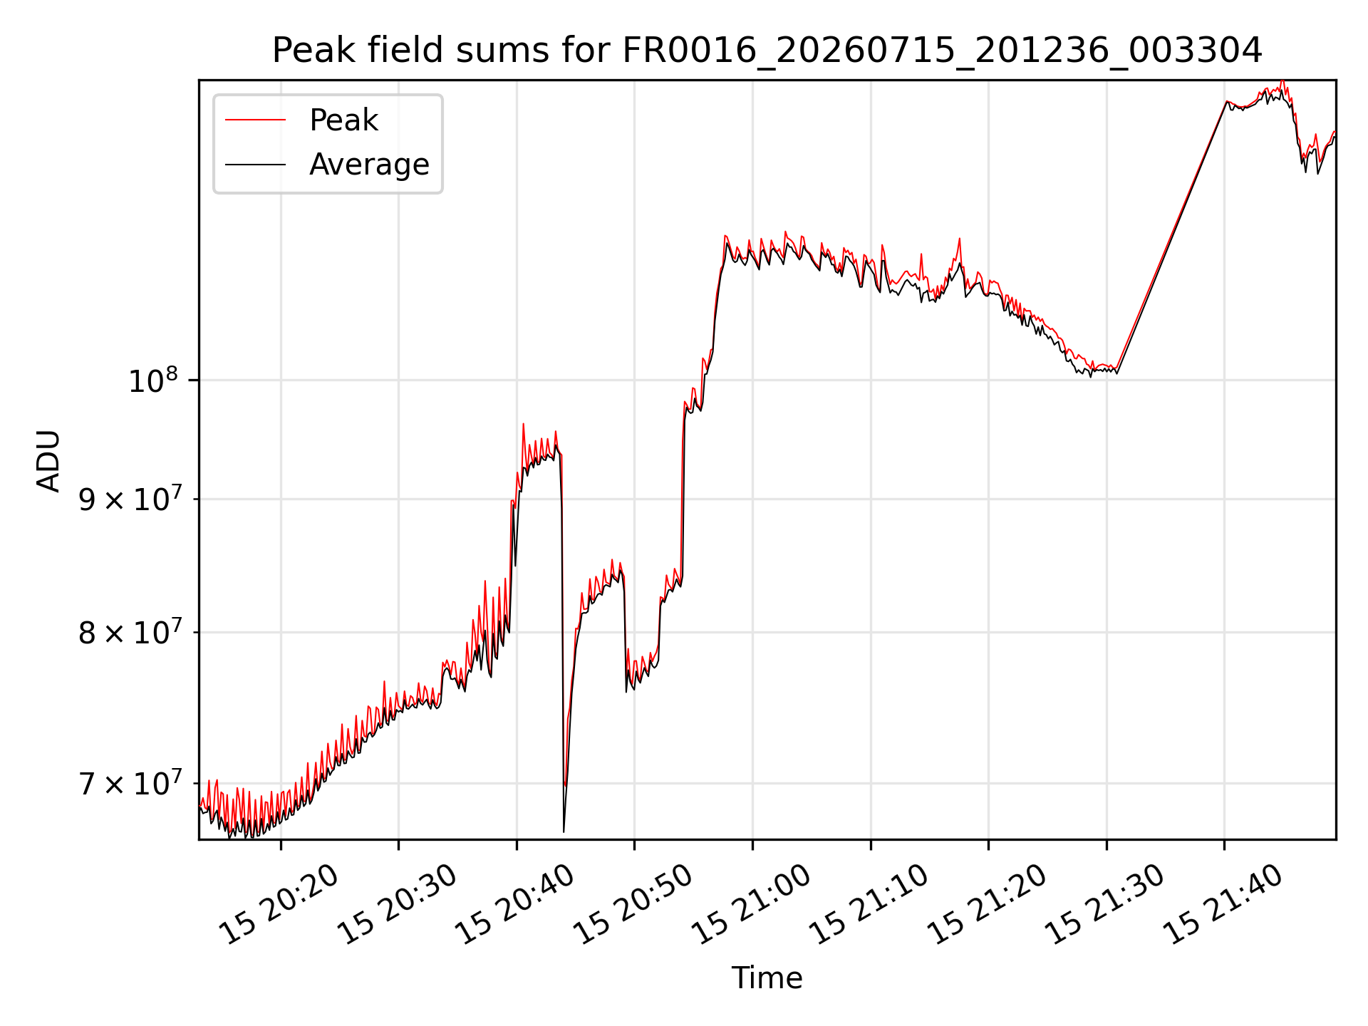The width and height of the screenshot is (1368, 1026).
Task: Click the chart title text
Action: pos(767,51)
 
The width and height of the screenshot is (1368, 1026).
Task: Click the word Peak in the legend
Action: pos(343,120)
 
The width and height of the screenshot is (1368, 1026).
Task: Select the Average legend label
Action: pos(369,165)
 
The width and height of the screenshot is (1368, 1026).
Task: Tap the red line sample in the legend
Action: pos(255,120)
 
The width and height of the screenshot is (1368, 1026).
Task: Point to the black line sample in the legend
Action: pos(255,165)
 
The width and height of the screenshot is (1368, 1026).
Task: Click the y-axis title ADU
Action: pos(48,460)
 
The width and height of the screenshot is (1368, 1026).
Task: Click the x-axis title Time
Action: pos(767,978)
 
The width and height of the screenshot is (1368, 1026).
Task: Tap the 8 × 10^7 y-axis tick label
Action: pos(130,632)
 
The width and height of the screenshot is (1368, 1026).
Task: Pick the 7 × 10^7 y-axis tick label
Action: pos(130,783)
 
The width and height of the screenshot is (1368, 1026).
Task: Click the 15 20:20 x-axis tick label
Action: pos(279,904)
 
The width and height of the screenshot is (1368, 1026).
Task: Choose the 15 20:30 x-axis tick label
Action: pos(397,904)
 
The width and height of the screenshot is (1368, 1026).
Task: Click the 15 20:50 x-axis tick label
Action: pos(633,904)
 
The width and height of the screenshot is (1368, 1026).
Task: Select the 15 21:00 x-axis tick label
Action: pos(751,904)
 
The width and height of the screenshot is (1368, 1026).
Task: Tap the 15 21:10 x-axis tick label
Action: pos(869,904)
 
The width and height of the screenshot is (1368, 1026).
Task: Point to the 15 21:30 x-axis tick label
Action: pos(1104,904)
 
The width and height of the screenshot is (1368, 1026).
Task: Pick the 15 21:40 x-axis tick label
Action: pos(1223,904)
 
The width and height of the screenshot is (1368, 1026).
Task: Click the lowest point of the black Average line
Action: pos(564,831)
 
